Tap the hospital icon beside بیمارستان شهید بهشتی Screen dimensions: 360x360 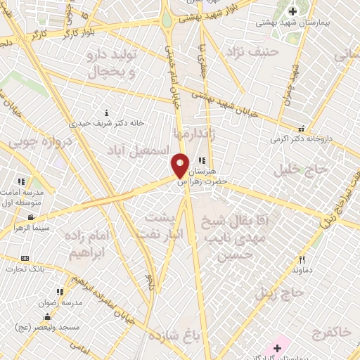[292, 11]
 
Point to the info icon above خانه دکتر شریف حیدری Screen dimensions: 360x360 [107, 112]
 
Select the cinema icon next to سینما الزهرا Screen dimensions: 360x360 [31, 217]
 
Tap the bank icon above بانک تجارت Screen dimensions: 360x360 [25, 259]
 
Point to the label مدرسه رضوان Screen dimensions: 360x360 [63, 301]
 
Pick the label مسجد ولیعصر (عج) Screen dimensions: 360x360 [49, 329]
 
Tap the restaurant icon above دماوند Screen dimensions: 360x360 [301, 259]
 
